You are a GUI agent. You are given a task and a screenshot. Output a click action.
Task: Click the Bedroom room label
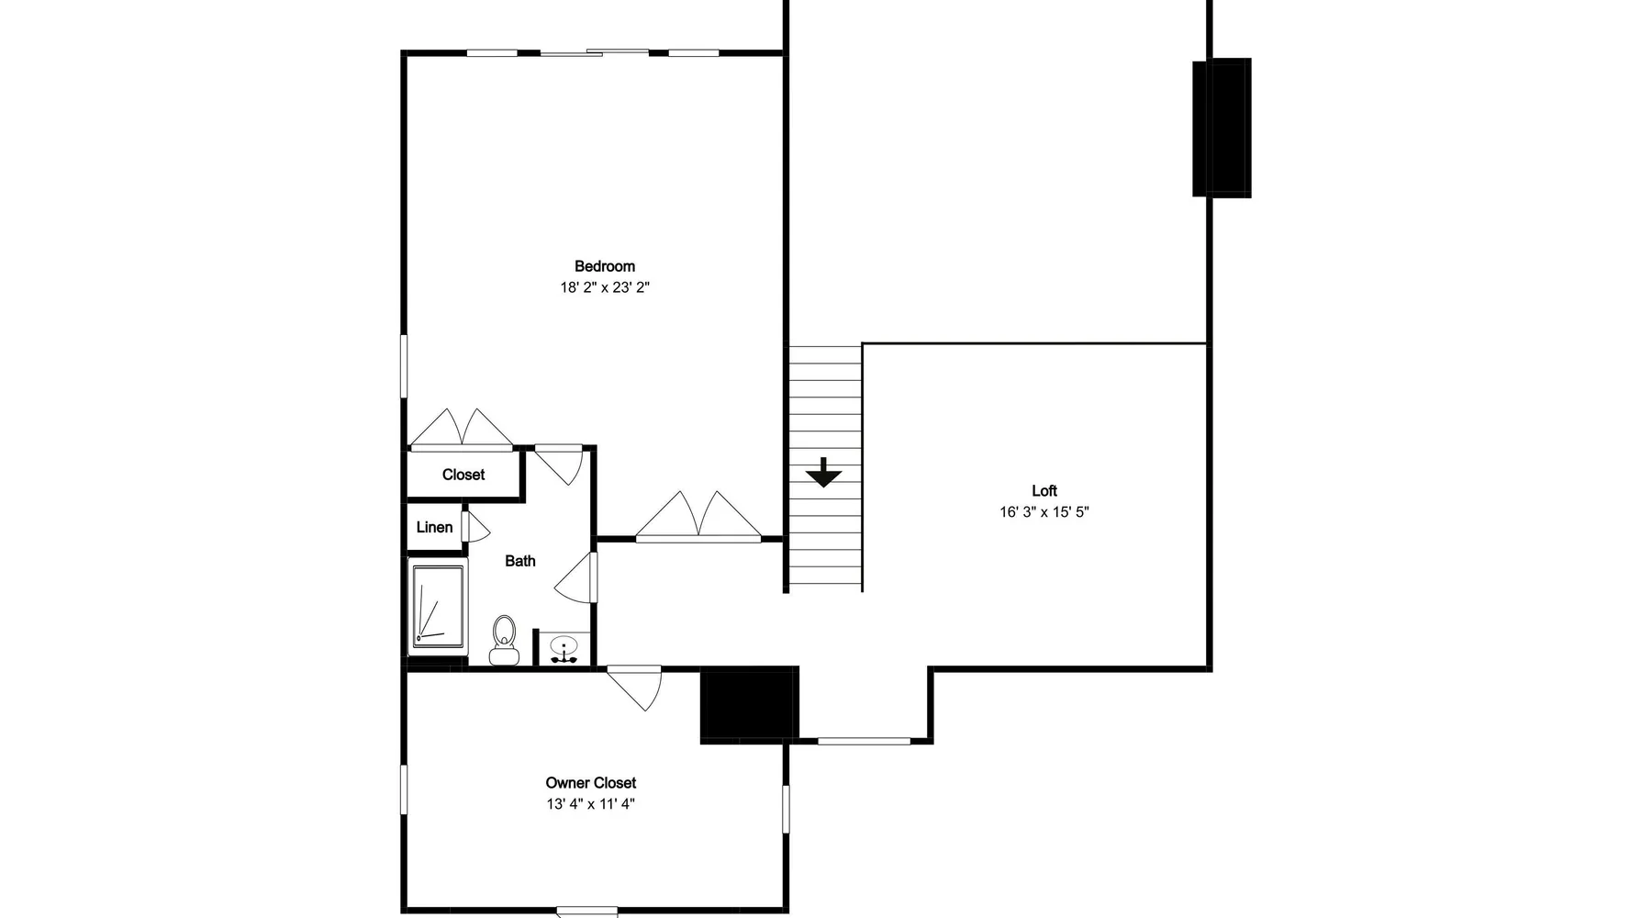[x=605, y=266]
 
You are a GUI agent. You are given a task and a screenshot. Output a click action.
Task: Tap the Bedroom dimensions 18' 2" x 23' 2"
[x=605, y=287]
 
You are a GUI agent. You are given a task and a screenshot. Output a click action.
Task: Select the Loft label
[x=1044, y=490]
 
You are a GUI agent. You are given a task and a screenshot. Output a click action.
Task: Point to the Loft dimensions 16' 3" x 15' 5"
[x=1044, y=512]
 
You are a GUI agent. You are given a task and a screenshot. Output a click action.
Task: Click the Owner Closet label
[x=591, y=783]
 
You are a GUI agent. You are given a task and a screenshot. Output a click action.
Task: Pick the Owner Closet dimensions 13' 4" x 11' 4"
[x=591, y=804]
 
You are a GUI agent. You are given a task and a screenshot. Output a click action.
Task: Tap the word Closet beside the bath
[x=463, y=475]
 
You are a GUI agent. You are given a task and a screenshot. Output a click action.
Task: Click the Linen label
[x=434, y=527]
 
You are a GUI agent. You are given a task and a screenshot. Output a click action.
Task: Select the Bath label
[x=520, y=561]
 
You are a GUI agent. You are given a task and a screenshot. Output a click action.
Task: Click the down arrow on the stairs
[x=824, y=472]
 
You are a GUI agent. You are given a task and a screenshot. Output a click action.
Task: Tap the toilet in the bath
[x=504, y=640]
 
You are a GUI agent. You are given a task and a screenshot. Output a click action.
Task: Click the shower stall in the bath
[x=439, y=607]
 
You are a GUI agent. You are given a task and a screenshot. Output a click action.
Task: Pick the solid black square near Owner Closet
[x=749, y=704]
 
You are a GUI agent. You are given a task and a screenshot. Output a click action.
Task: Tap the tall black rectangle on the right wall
[x=1222, y=128]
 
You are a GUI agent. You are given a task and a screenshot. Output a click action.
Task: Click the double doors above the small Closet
[x=462, y=430]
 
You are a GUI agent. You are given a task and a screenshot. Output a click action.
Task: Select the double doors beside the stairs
[x=698, y=516]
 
